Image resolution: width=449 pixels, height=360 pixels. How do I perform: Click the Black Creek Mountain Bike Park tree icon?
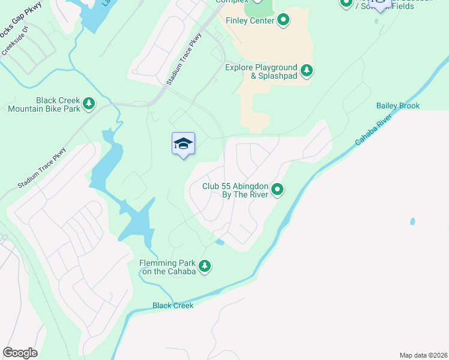pyautogui.click(x=89, y=104)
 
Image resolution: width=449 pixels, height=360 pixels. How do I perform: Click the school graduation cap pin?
pyautogui.click(x=183, y=144)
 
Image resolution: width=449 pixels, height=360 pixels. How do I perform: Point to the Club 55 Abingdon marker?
pyautogui.click(x=277, y=190)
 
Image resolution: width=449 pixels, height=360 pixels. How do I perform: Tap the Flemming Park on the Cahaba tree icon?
pyautogui.click(x=205, y=266)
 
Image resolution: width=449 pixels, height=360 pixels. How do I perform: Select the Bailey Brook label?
pyautogui.click(x=397, y=106)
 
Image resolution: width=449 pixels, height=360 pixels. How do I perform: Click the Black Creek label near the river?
pyautogui.click(x=173, y=305)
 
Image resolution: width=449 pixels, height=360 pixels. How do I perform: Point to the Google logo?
pyautogui.click(x=20, y=353)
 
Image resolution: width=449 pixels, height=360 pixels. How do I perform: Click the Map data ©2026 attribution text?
pyautogui.click(x=423, y=355)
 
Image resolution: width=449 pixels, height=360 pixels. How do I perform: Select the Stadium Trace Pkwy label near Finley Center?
pyautogui.click(x=184, y=59)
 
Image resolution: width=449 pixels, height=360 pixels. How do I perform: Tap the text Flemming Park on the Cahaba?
pyautogui.click(x=167, y=267)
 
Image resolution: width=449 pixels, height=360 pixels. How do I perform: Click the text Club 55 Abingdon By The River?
pyautogui.click(x=234, y=190)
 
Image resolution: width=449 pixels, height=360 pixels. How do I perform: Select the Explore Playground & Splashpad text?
pyautogui.click(x=261, y=71)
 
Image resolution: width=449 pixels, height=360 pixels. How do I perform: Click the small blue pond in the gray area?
pyautogui.click(x=412, y=221)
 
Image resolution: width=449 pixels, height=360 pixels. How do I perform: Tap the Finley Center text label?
pyautogui.click(x=250, y=20)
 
